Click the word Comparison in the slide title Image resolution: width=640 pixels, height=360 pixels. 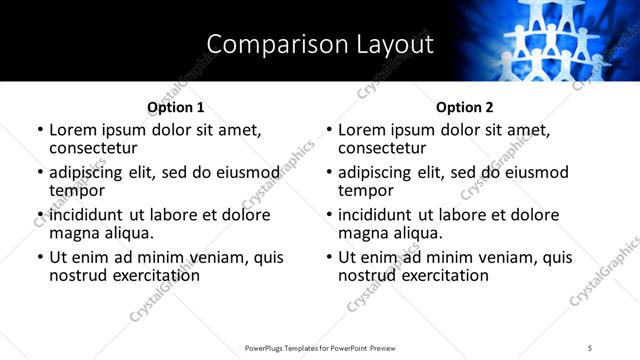[x=265, y=44]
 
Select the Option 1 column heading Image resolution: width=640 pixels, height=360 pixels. [x=175, y=107]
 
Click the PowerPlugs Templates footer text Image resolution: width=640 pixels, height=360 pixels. [x=319, y=348]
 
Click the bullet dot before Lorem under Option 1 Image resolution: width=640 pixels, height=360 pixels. [x=40, y=131]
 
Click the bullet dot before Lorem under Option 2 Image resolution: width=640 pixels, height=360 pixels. [x=329, y=131]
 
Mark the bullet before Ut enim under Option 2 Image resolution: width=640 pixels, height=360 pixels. [x=329, y=258]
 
